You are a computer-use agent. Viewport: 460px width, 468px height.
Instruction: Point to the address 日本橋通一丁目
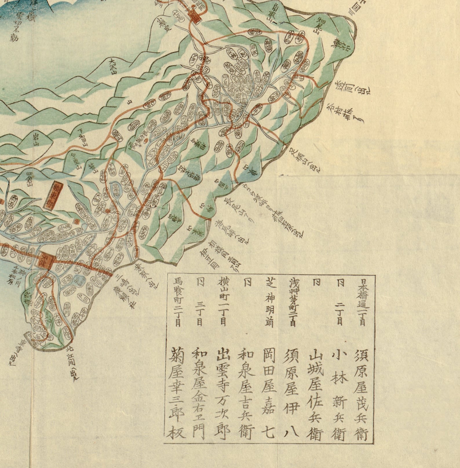pyautogui.click(x=362, y=301)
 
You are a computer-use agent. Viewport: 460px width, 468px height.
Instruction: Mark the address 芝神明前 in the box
pyautogui.click(x=269, y=301)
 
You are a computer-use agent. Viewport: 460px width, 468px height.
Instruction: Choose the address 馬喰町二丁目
pyautogui.click(x=177, y=301)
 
